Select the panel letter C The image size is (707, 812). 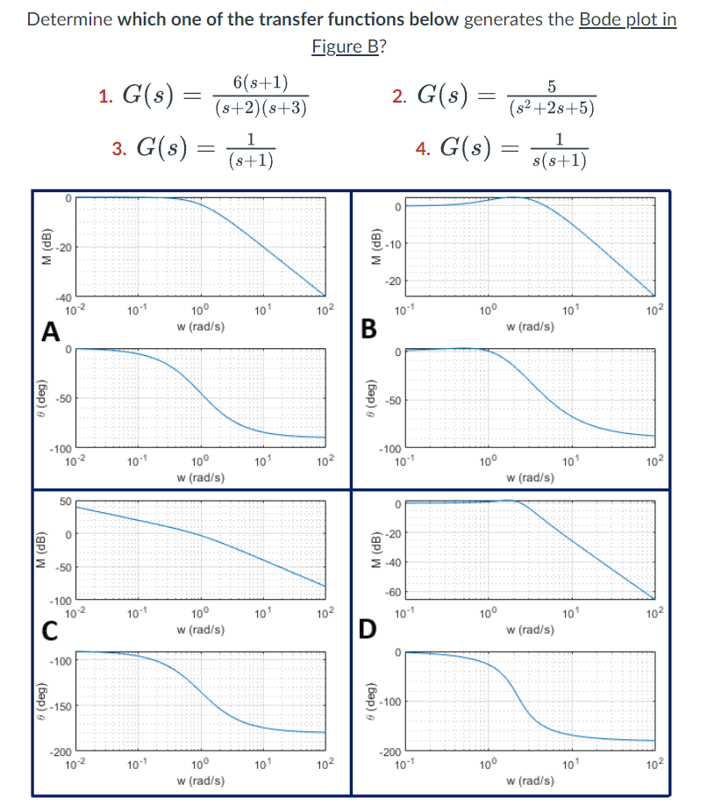52,629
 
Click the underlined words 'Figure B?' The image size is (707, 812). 348,46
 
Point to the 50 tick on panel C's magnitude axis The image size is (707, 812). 65,501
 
